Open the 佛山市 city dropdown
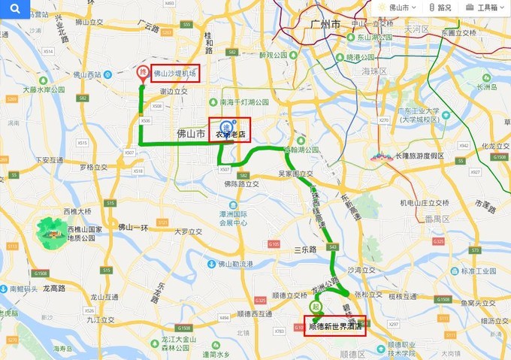click(398, 8)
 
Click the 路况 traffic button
click(441, 8)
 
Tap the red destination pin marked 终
click(143, 74)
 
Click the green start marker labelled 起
click(316, 307)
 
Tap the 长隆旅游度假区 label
click(419, 156)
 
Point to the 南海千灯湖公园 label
click(244, 102)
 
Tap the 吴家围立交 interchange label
click(295, 173)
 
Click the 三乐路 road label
click(306, 249)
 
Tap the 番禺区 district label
click(436, 219)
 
